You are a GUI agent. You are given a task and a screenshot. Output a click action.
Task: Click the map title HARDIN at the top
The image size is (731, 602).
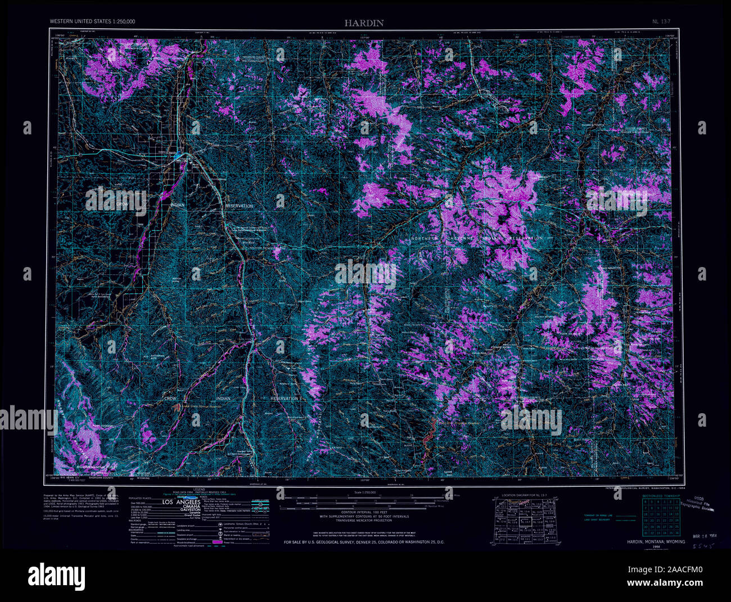364,23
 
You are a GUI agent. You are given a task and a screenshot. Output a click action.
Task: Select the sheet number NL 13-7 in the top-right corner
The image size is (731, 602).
662,21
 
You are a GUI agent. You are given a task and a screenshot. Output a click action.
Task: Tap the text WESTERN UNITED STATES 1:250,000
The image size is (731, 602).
92,21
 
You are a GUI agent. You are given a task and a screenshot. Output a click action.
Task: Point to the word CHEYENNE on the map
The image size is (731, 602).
464,239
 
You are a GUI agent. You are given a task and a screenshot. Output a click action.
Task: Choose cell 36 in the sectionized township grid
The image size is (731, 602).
676,532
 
